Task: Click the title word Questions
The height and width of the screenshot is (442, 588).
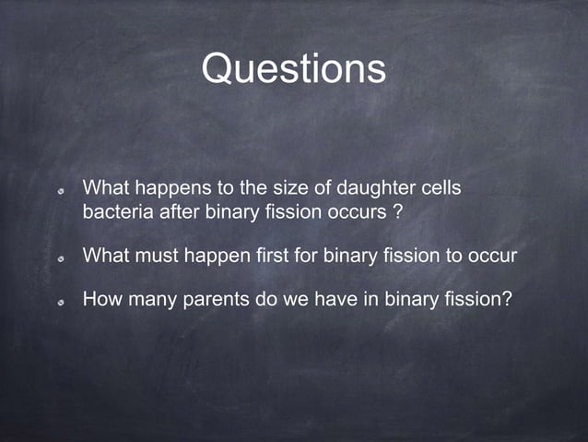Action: coord(293,69)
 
